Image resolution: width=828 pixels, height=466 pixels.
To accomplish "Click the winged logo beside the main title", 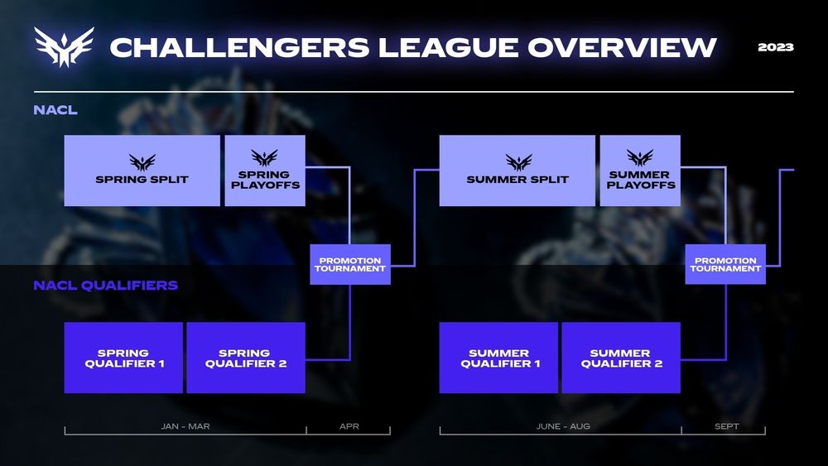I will click(64, 46).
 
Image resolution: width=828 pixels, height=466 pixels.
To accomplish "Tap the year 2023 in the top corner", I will click(776, 47).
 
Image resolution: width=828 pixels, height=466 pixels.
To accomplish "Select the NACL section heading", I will click(55, 110).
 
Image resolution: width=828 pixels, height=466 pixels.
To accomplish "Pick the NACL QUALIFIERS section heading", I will click(105, 286).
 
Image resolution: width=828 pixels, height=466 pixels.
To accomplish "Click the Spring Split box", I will click(142, 171).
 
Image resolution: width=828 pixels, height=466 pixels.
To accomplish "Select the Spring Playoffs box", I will click(265, 171).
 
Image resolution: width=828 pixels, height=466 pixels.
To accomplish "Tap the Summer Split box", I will click(517, 171).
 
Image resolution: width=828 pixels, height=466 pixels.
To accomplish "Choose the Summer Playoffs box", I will click(639, 171).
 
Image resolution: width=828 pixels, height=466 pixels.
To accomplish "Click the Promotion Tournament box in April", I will click(350, 265).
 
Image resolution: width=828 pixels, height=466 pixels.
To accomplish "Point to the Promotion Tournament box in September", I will click(725, 265).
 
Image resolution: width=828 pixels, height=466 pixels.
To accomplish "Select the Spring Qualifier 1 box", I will click(123, 358).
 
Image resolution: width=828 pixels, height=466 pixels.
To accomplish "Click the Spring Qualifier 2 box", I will click(246, 358).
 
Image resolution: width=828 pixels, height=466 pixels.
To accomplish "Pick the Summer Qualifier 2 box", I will click(621, 358).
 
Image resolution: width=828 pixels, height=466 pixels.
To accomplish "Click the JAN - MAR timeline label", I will click(185, 427).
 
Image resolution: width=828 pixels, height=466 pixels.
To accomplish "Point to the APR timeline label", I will click(349, 427).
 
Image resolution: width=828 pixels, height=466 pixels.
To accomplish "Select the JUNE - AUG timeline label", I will click(562, 427).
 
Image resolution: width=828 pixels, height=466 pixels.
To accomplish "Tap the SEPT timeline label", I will click(726, 427).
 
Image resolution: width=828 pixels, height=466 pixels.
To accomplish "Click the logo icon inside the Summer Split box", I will click(518, 161).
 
